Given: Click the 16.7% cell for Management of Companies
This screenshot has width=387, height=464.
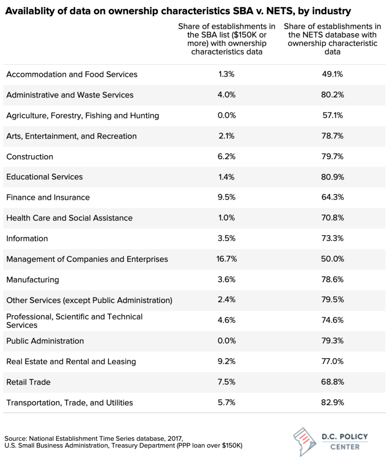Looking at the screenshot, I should tap(226, 259).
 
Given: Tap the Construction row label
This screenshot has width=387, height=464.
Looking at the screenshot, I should tap(30, 157).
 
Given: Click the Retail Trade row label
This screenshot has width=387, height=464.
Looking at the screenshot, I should tap(29, 382).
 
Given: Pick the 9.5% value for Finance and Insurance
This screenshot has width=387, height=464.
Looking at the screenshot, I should tap(226, 198).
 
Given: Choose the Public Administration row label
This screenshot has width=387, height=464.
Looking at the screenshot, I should tap(45, 341).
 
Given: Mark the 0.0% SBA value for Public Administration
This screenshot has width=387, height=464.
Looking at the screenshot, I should tap(226, 341).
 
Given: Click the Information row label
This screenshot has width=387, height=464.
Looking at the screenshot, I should tap(27, 239).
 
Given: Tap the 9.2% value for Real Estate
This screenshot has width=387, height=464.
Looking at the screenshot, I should tap(226, 362).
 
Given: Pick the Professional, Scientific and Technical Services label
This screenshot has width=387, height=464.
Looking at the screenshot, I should tap(74, 321).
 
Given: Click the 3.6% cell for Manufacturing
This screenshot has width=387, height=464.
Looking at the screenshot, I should tap(226, 280).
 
